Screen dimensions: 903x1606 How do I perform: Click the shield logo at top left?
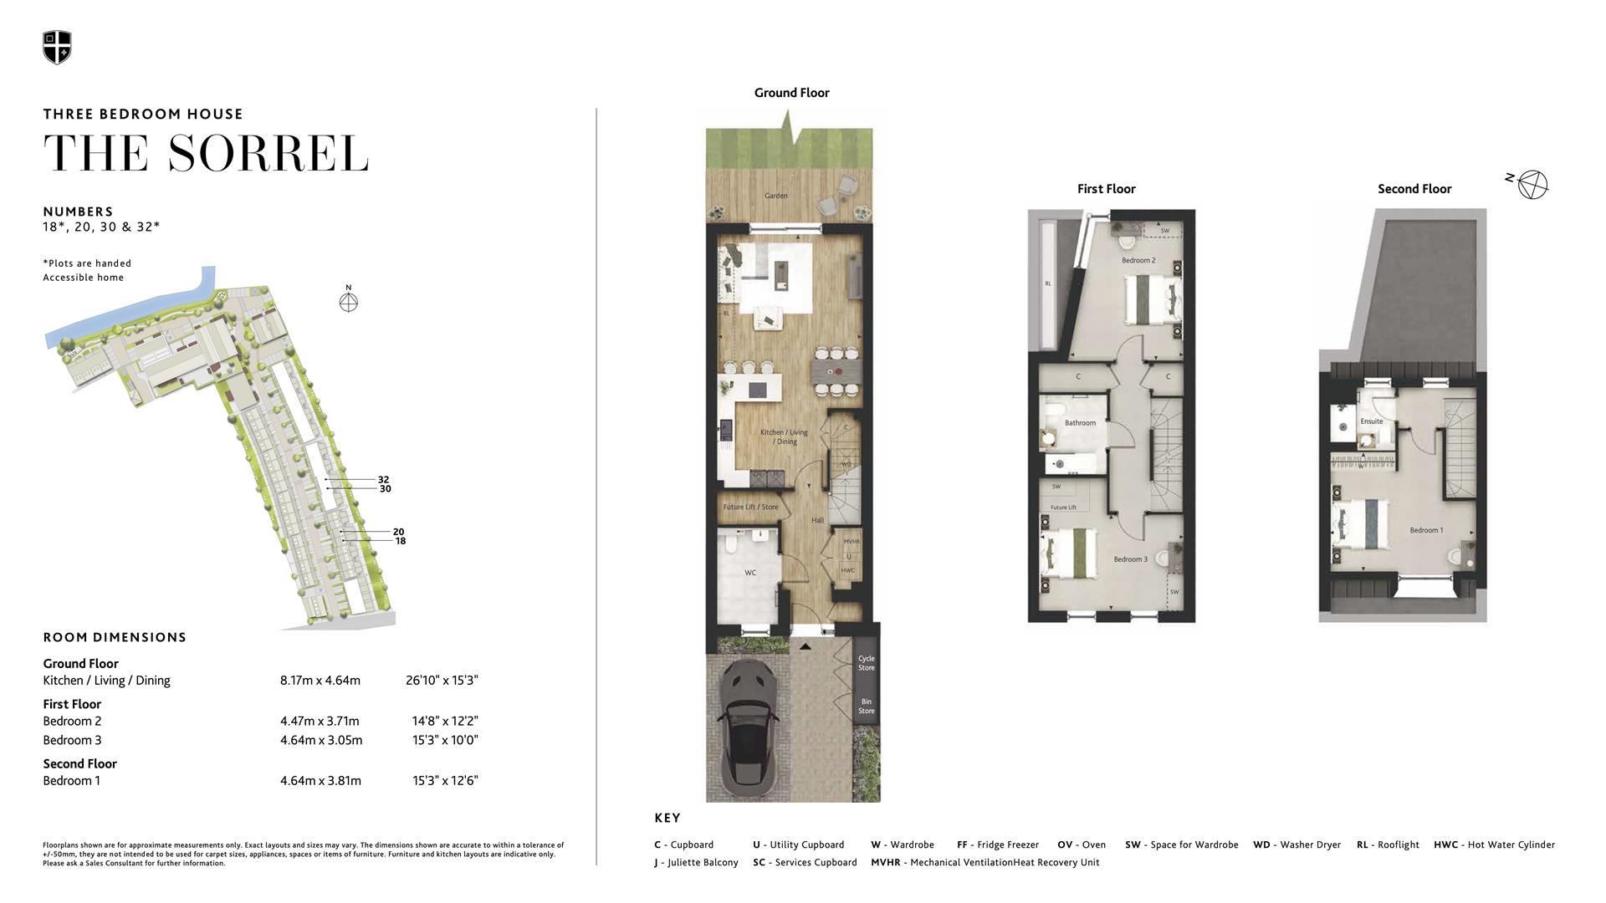coord(57,48)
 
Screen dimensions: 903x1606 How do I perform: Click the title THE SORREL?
coord(206,154)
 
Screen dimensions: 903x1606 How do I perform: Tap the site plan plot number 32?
coord(383,479)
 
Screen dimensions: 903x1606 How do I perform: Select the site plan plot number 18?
coord(400,541)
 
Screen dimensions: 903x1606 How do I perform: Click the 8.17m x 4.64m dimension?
coord(320,681)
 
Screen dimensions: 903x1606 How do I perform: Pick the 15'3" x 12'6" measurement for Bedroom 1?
coord(445,781)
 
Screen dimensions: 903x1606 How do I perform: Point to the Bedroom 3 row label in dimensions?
coord(72,740)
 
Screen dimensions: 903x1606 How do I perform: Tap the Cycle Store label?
coord(866,663)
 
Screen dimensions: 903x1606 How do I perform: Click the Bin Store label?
coord(866,707)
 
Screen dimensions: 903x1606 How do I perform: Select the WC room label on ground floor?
coord(750,573)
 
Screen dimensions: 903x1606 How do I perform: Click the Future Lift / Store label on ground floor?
coord(750,507)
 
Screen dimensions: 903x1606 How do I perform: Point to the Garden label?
coord(775,196)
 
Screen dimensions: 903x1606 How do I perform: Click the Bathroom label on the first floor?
coord(1080,423)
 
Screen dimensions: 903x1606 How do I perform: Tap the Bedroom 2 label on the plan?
coord(1138,261)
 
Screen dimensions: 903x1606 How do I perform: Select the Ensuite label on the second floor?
coord(1372,421)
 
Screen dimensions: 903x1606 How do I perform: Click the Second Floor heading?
coord(1414,189)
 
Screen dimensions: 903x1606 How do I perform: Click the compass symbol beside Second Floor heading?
coord(1532,185)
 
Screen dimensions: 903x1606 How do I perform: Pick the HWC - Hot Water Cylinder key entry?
coord(1494,845)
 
